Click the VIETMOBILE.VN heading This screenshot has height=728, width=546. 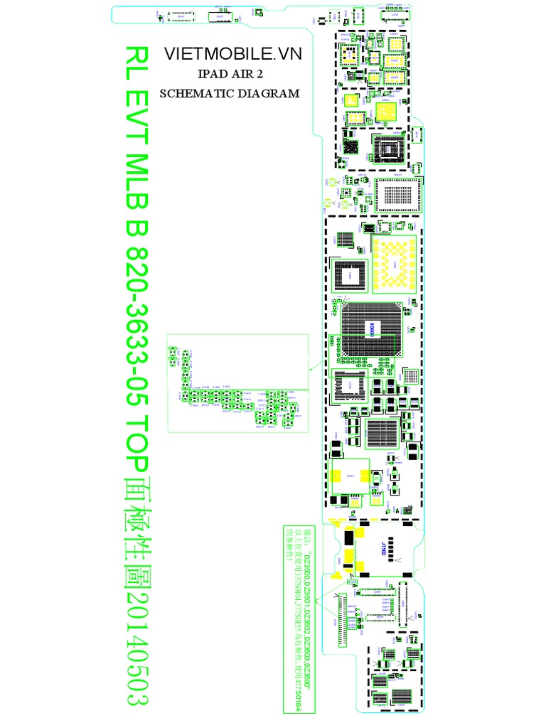223,53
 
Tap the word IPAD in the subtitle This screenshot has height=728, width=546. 209,75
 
